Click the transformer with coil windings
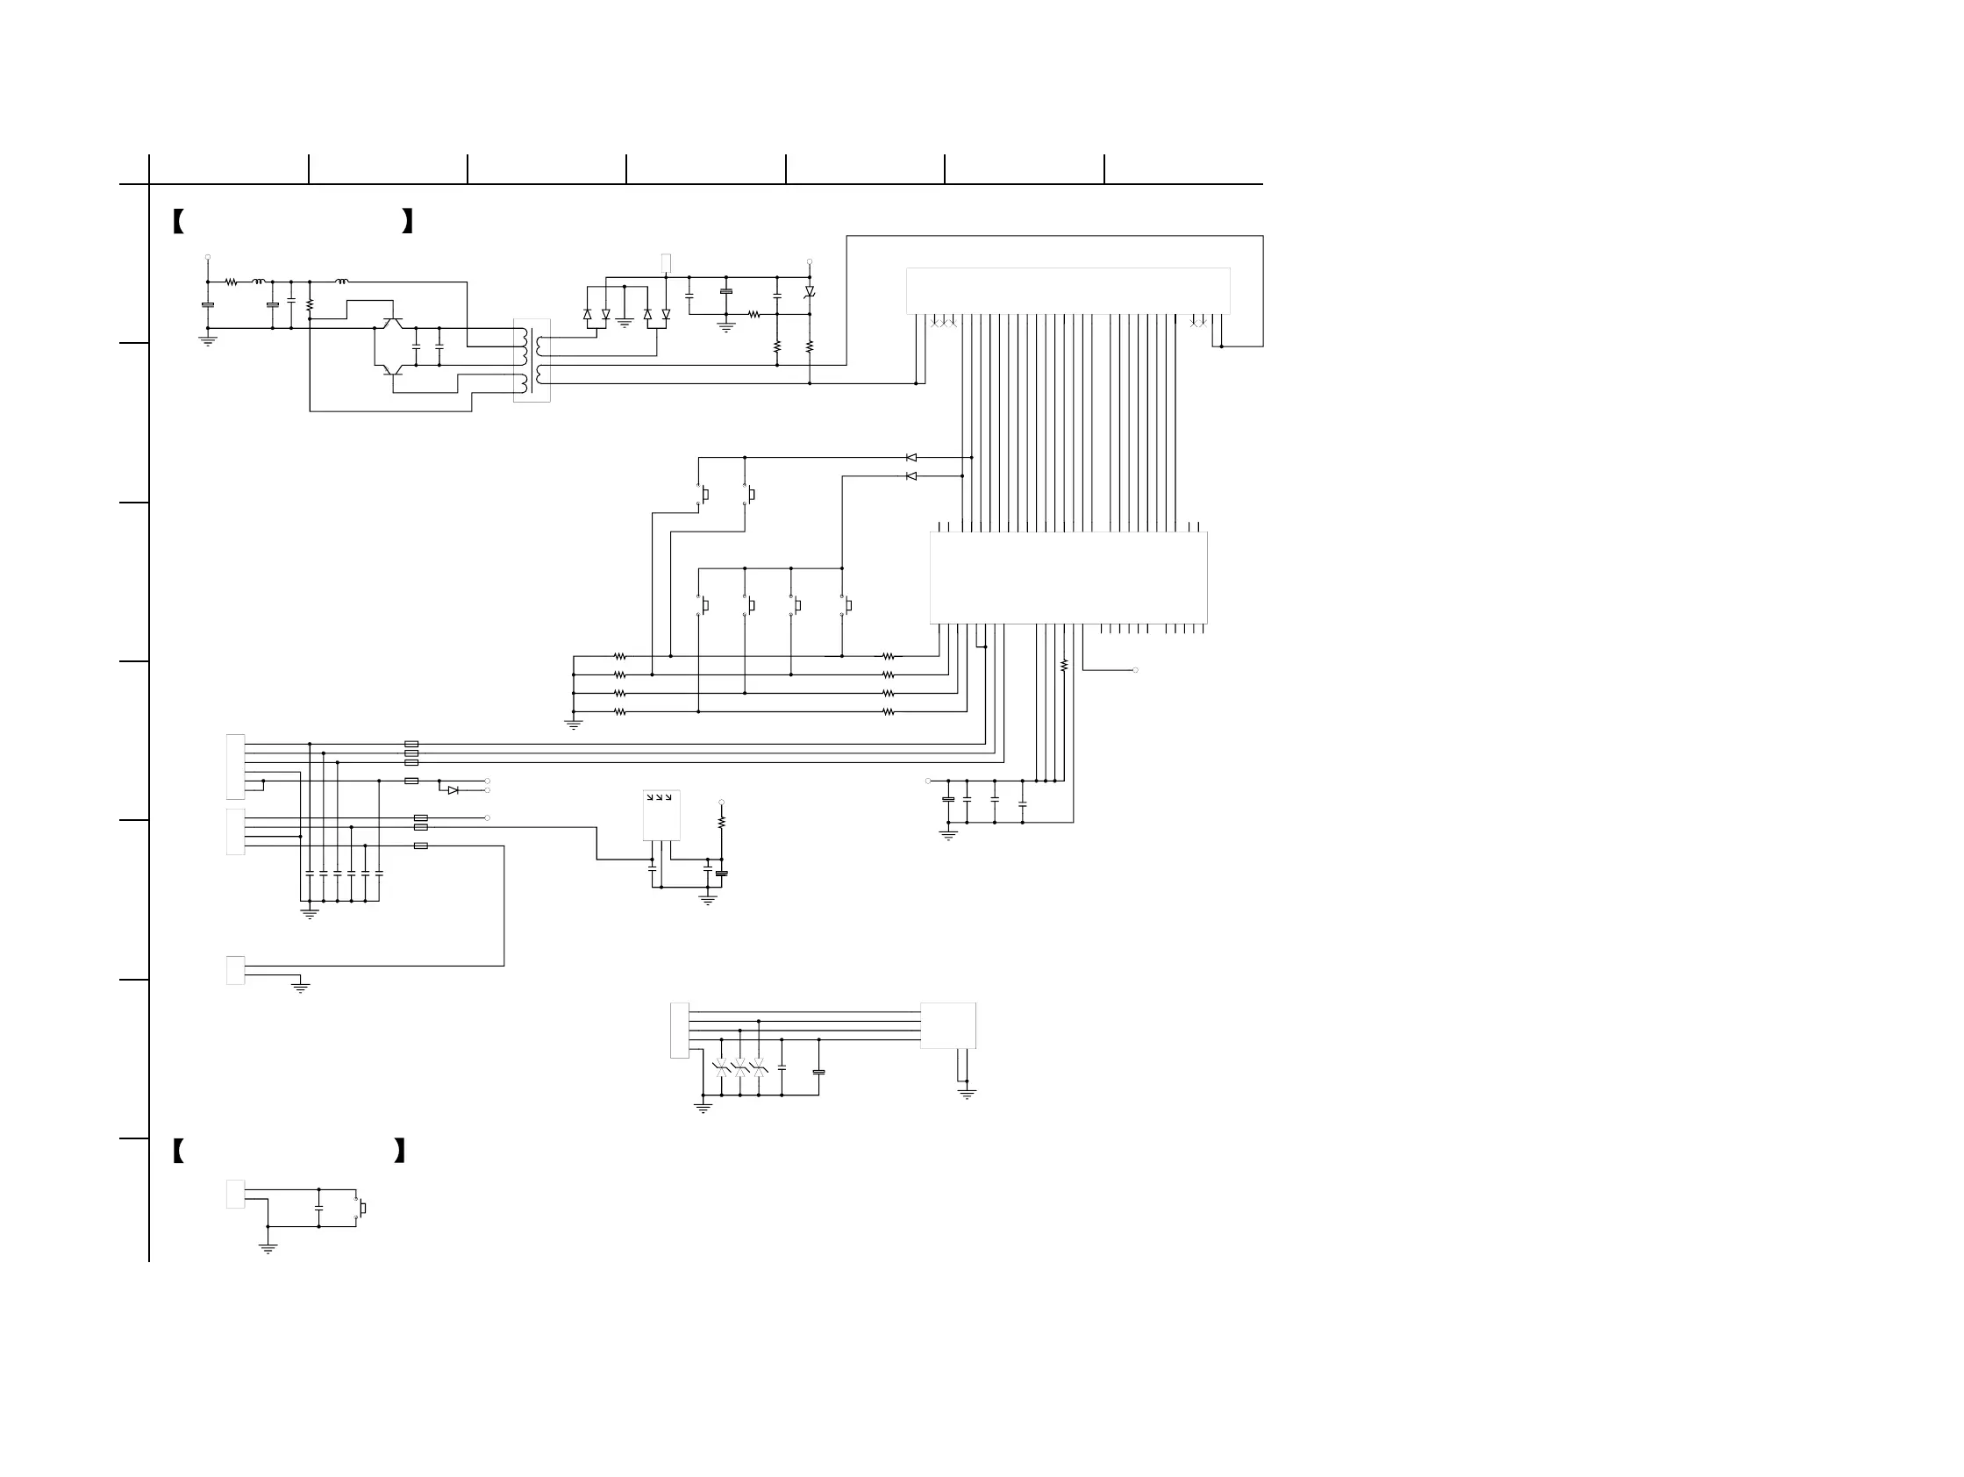point(532,360)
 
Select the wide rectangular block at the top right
point(1068,290)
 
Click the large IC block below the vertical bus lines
point(1068,578)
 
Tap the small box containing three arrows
point(661,815)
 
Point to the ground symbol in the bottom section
point(268,1248)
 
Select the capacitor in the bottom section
point(318,1208)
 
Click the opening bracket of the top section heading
point(178,221)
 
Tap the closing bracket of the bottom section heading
point(399,1151)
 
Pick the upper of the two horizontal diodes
point(911,458)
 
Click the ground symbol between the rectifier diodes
point(625,323)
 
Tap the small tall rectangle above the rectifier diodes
point(666,263)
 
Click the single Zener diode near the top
point(810,292)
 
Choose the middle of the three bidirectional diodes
point(739,1067)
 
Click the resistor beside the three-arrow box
point(722,823)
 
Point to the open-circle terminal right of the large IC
point(1136,670)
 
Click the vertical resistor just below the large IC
point(1064,665)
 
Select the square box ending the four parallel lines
point(948,1025)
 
